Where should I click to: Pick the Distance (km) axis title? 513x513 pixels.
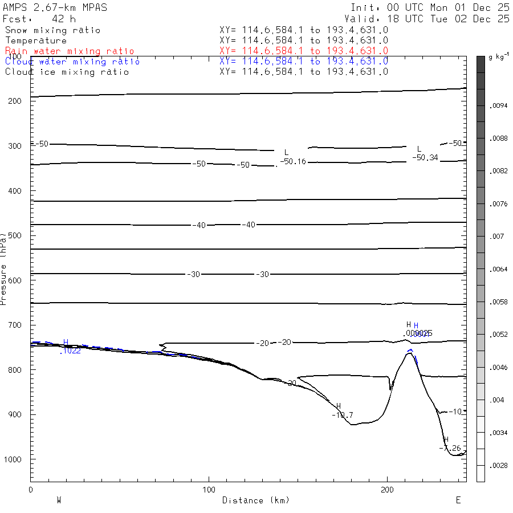pyautogui.click(x=256, y=500)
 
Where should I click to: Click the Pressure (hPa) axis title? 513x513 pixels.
pyautogui.click(x=4, y=268)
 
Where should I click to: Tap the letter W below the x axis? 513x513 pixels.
pyautogui.click(x=59, y=500)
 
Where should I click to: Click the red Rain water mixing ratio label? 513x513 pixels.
pyautogui.click(x=70, y=51)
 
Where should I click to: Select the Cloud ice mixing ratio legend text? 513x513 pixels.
pyautogui.click(x=67, y=72)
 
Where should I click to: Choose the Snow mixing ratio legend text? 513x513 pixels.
pyautogui.click(x=53, y=30)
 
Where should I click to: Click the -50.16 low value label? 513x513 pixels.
pyautogui.click(x=293, y=162)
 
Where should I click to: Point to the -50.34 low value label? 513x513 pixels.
pyautogui.click(x=425, y=157)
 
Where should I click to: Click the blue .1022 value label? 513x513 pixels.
pyautogui.click(x=70, y=351)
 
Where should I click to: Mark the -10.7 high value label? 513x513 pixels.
pyautogui.click(x=342, y=414)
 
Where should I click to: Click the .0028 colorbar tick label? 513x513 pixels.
pyautogui.click(x=499, y=466)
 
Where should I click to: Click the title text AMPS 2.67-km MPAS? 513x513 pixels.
pyautogui.click(x=55, y=7)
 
